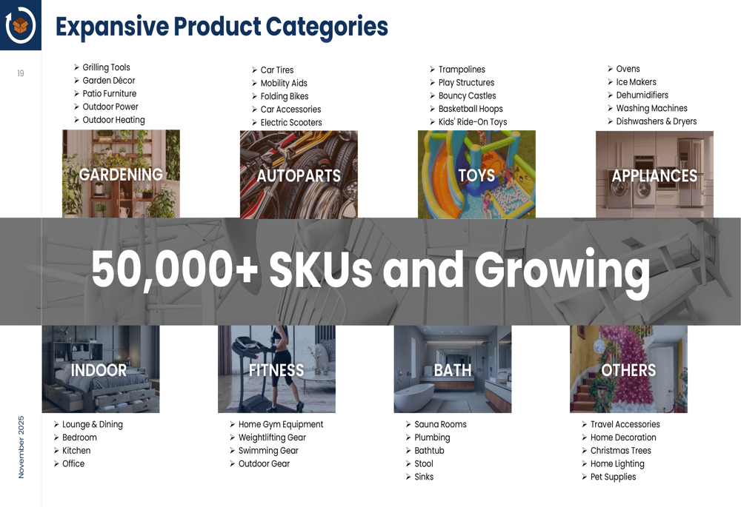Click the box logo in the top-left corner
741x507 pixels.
(x=20, y=25)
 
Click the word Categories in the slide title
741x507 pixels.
(x=327, y=27)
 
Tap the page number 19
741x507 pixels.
(x=20, y=73)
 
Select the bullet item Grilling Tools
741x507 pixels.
(x=106, y=67)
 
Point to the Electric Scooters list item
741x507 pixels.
(x=290, y=122)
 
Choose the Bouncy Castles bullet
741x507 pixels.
(x=467, y=95)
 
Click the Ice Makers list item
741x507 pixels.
(x=636, y=81)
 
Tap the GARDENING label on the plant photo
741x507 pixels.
(x=121, y=175)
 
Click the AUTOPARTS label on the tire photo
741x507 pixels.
(x=299, y=176)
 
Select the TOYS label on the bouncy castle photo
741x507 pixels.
(x=476, y=175)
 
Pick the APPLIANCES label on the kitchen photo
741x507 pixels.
(x=654, y=176)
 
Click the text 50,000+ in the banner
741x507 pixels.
(x=174, y=269)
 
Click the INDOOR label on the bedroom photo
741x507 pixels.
(x=99, y=370)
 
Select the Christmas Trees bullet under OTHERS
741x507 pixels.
(x=620, y=450)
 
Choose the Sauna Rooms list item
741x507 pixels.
(x=440, y=424)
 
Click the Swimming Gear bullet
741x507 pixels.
(x=268, y=451)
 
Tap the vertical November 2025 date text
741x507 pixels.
(x=21, y=447)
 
